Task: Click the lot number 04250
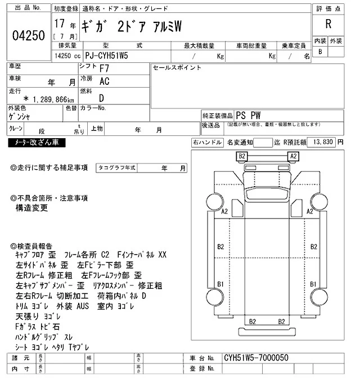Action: point(28,35)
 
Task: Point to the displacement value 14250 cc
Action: point(67,56)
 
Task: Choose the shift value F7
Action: point(104,69)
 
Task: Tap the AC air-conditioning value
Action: point(104,81)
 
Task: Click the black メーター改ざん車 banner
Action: point(37,143)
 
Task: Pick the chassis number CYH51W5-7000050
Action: point(256,357)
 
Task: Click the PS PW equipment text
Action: point(248,115)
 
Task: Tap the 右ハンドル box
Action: point(207,142)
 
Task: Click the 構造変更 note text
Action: point(33,208)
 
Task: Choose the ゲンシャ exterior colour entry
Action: point(20,116)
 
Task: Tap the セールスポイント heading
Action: point(177,67)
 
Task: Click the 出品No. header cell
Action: point(28,8)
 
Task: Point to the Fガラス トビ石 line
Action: point(38,326)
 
